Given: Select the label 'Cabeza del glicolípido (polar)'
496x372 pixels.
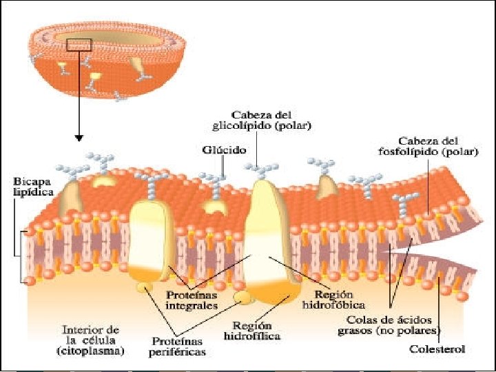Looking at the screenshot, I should click(x=261, y=120).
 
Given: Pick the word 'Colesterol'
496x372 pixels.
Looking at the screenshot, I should click(x=436, y=349).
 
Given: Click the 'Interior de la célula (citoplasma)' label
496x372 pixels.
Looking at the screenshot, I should click(x=91, y=340).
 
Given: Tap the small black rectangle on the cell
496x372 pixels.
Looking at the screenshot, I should click(x=79, y=45).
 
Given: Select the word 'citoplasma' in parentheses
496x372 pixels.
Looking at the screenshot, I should click(x=91, y=351).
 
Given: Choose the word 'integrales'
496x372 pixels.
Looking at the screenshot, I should click(x=194, y=305).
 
